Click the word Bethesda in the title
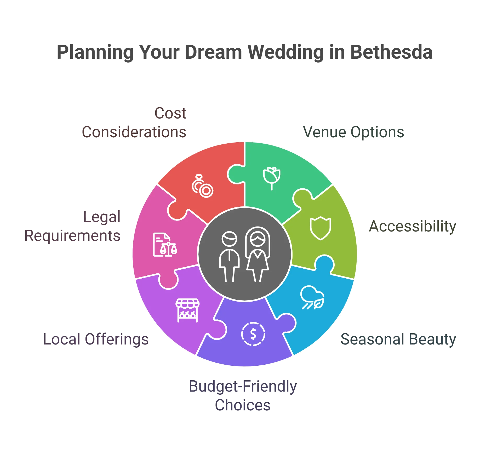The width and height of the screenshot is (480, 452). tap(391, 52)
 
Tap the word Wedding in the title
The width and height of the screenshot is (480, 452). tap(285, 52)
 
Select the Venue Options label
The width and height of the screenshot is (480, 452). tap(354, 132)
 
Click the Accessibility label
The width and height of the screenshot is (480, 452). tap(413, 227)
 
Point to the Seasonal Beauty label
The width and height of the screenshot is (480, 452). tap(399, 340)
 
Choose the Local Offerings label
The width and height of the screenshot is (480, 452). tap(96, 340)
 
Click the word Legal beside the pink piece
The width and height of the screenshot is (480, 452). tap(102, 217)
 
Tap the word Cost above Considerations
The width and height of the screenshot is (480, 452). tap(171, 113)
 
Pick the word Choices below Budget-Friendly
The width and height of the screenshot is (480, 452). tap(243, 405)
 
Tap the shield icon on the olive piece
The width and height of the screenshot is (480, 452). tap(321, 228)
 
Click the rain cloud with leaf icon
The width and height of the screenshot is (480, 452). tap(312, 298)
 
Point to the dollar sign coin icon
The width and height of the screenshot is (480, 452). tap(253, 334)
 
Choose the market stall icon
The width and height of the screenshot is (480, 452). tap(187, 310)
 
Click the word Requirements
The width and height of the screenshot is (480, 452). tap(73, 236)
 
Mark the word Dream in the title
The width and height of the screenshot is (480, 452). tap(213, 52)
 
